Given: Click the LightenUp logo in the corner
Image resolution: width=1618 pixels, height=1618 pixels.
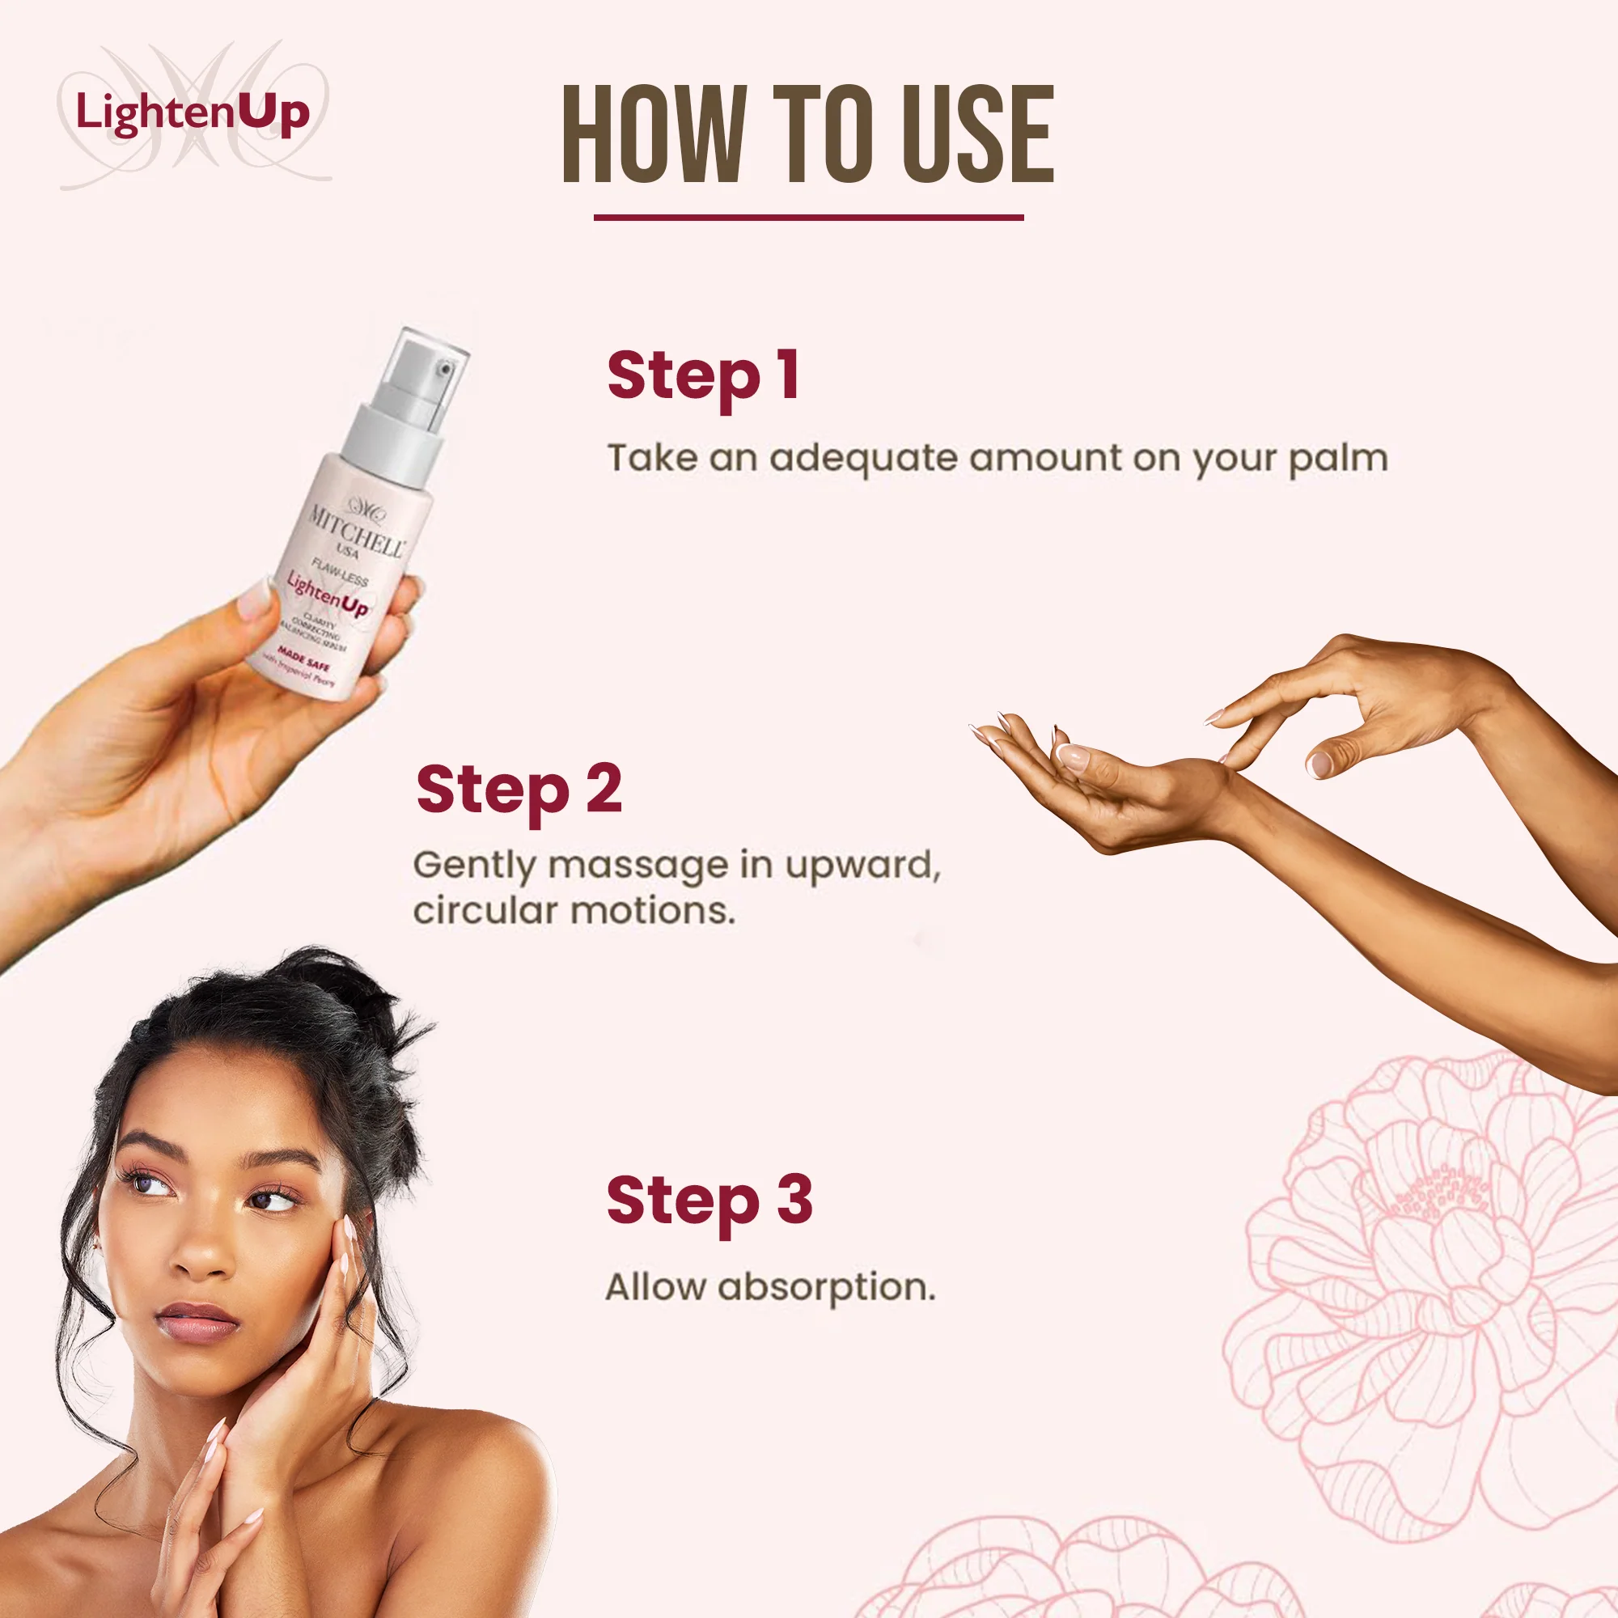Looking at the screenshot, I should coord(193,113).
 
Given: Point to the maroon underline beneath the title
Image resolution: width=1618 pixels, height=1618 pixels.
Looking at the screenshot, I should coord(808,218).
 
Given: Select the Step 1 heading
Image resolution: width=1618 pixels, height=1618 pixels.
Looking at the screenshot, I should coord(703,377).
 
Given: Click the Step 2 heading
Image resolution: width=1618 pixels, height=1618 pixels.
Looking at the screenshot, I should coord(519,790).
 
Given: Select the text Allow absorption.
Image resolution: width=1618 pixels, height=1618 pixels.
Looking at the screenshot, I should coord(769,1288).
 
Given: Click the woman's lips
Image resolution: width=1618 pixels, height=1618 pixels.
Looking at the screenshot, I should coord(197,1322).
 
